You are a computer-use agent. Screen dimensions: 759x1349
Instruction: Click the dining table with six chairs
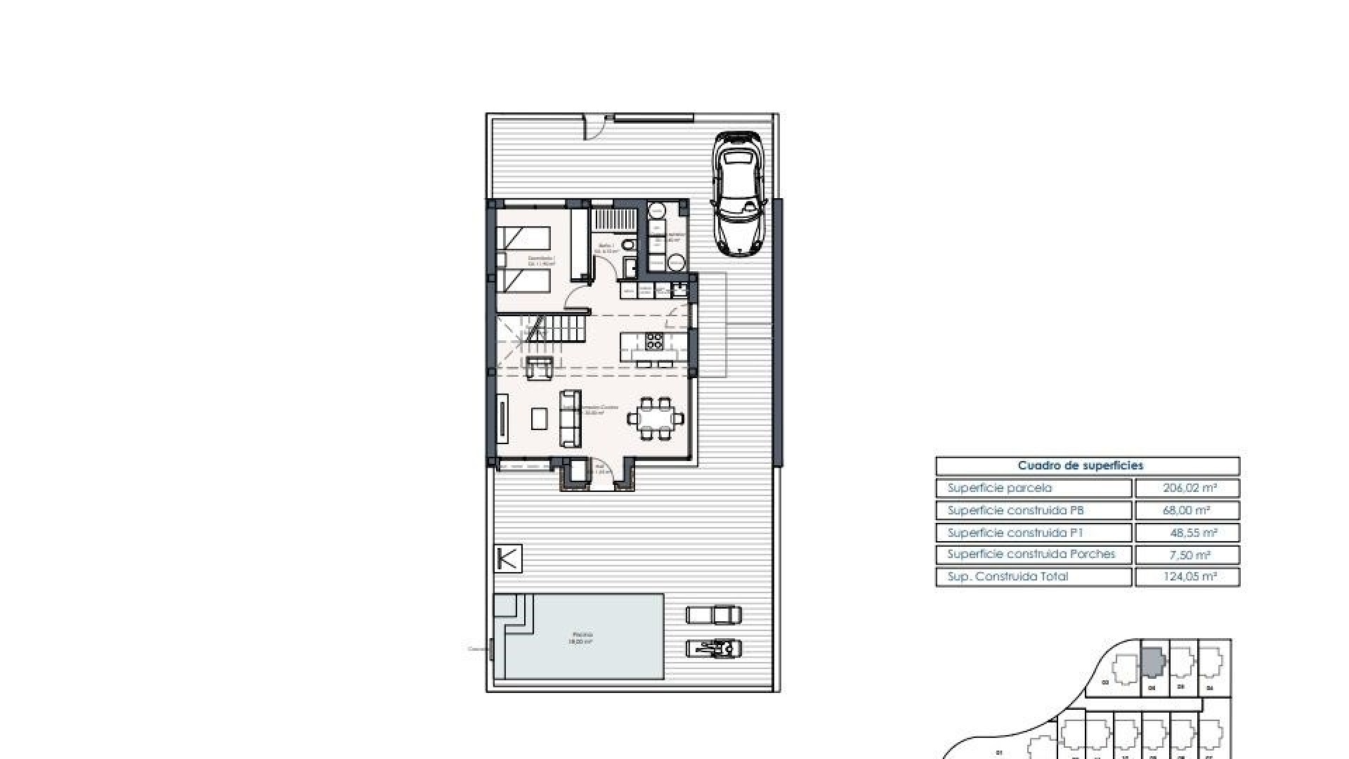click(655, 420)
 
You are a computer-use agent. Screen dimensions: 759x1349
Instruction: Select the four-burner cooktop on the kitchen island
click(654, 341)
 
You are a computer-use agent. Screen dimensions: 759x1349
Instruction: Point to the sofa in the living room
click(570, 419)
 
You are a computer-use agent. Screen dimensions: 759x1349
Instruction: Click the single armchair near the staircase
click(540, 367)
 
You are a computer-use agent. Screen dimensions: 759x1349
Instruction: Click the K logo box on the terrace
click(508, 559)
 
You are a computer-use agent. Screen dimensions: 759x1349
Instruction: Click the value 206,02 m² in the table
click(1187, 488)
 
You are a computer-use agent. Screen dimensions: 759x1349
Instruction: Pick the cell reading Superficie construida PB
click(1033, 510)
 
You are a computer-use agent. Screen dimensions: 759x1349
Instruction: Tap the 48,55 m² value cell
click(1187, 533)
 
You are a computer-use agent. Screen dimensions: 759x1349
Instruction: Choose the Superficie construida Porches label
click(1033, 554)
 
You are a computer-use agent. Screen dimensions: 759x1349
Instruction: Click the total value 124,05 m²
click(1187, 577)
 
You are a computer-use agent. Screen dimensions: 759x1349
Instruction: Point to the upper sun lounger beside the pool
click(713, 615)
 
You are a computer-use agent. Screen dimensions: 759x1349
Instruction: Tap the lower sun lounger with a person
click(713, 648)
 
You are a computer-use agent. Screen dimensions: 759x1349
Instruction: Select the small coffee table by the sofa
click(540, 419)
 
